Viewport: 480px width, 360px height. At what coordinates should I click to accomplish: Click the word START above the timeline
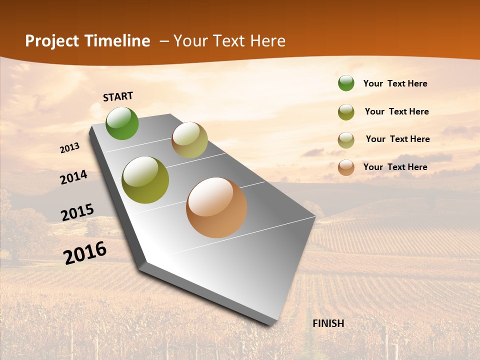pyautogui.click(x=118, y=96)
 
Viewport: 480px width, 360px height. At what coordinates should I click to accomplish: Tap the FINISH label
pyautogui.click(x=328, y=323)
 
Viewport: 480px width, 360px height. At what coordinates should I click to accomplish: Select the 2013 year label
pyautogui.click(x=69, y=148)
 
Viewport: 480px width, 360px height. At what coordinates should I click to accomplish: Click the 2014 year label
pyautogui.click(x=73, y=177)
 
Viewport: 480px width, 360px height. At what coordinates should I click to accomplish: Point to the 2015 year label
pyautogui.click(x=77, y=212)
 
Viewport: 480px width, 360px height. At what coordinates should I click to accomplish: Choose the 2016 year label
pyautogui.click(x=85, y=252)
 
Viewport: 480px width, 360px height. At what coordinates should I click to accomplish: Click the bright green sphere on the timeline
pyautogui.click(x=122, y=123)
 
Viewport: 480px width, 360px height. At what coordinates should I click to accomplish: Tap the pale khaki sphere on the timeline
pyautogui.click(x=189, y=140)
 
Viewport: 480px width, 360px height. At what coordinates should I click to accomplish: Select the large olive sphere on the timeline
pyautogui.click(x=145, y=180)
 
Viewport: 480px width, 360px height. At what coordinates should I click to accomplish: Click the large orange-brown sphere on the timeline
pyautogui.click(x=216, y=207)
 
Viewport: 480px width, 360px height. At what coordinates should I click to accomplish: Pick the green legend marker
pyautogui.click(x=346, y=83)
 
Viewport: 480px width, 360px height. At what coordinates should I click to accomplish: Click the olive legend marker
pyautogui.click(x=346, y=112)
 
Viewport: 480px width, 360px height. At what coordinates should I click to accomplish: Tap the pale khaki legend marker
pyautogui.click(x=346, y=140)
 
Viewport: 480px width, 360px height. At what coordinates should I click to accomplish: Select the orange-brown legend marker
pyautogui.click(x=346, y=167)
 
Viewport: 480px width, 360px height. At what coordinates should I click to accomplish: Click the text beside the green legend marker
pyautogui.click(x=395, y=83)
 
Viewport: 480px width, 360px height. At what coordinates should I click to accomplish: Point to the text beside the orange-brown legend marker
pyautogui.click(x=395, y=167)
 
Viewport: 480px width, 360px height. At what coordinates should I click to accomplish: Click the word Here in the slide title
pyautogui.click(x=267, y=41)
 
